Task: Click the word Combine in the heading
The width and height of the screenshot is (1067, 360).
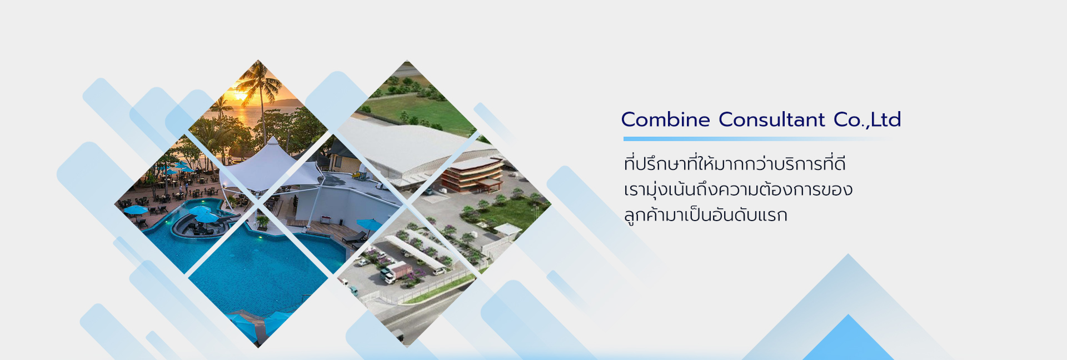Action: (665, 119)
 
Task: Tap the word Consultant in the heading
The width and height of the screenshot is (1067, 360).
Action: (772, 119)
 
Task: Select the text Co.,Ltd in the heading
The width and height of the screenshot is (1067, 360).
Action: (867, 119)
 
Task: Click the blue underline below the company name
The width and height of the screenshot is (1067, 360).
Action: (756, 139)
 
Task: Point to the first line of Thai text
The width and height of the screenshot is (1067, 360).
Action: (735, 164)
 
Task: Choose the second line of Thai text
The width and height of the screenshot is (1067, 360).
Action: (738, 189)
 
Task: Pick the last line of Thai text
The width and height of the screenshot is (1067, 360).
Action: (705, 215)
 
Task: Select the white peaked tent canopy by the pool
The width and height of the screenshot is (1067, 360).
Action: (272, 167)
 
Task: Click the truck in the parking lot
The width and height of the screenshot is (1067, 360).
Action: (395, 272)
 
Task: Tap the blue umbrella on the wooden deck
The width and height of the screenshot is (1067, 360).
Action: (368, 225)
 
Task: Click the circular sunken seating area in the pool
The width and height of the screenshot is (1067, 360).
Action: (192, 225)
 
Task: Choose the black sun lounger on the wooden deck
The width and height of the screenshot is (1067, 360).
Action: (353, 238)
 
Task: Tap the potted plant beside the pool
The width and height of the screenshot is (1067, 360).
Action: (263, 222)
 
